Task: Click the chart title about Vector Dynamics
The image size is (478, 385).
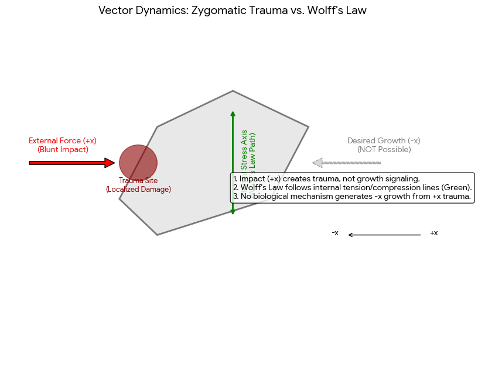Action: coord(233,11)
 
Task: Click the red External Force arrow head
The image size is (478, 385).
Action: coord(110,163)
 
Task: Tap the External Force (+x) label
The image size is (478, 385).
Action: coord(63,141)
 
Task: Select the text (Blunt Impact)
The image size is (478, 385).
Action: coord(63,150)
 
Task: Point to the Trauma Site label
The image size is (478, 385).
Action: coord(138,181)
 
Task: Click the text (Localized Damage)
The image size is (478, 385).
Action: coord(138,190)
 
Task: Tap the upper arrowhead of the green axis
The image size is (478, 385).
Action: coord(233,114)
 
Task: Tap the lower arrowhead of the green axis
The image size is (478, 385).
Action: coord(233,211)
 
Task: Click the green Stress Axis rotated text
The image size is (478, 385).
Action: coord(244,150)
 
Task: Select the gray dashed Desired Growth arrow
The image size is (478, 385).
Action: coord(347,163)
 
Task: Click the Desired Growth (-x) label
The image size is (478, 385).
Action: coord(384,141)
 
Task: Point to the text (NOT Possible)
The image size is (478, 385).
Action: coord(384,150)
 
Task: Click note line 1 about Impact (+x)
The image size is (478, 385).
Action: coord(326,178)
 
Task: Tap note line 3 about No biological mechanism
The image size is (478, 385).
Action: coord(352,197)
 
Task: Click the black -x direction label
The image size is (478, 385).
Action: coord(335,233)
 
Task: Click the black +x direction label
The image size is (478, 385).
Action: coord(433,233)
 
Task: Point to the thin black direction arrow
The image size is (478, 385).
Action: coord(384,235)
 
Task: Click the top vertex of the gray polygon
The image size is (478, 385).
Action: coord(233,91)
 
